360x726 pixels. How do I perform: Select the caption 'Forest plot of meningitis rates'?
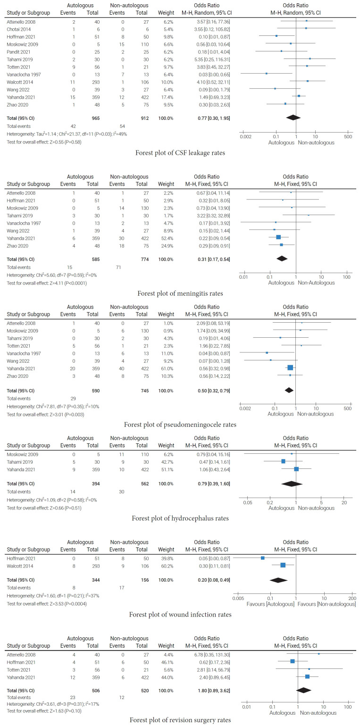pyautogui.click(x=180, y=293)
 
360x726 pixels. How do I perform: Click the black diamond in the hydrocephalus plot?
pyautogui.click(x=292, y=484)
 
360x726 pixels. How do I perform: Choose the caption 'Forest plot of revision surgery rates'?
pyautogui.click(x=180, y=720)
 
